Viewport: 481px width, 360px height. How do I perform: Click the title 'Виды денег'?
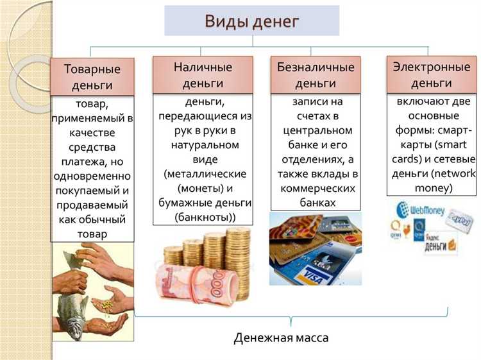click(252, 21)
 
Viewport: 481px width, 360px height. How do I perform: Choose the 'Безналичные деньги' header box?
click(316, 75)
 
